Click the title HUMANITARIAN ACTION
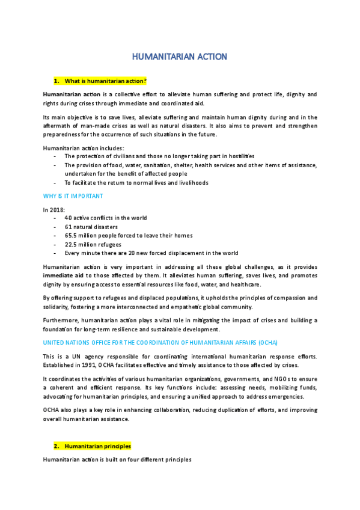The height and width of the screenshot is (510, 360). click(180, 57)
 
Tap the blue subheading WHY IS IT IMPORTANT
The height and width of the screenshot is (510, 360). click(73, 196)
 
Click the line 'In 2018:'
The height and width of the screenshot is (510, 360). click(53, 209)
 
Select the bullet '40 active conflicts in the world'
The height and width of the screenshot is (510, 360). click(105, 218)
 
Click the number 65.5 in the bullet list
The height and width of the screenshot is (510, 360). click(72, 236)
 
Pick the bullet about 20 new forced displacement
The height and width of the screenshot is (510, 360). click(151, 253)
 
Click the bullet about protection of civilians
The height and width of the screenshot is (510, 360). click(151, 156)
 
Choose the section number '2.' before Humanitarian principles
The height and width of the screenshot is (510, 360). click(57, 446)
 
